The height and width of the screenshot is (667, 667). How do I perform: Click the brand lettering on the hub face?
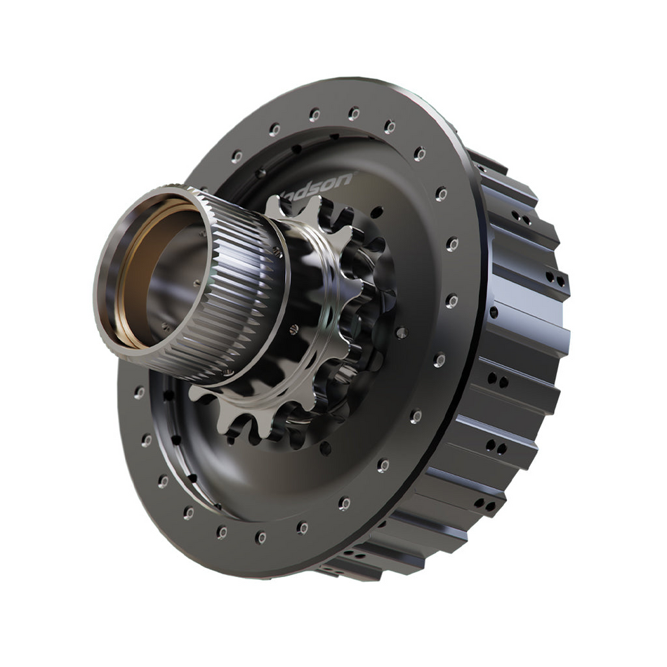point(319,184)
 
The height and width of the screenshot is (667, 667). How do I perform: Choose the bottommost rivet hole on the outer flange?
point(261,537)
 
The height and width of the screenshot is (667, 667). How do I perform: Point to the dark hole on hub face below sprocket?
point(325,447)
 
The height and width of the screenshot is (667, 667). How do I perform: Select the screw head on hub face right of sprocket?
point(402,333)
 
